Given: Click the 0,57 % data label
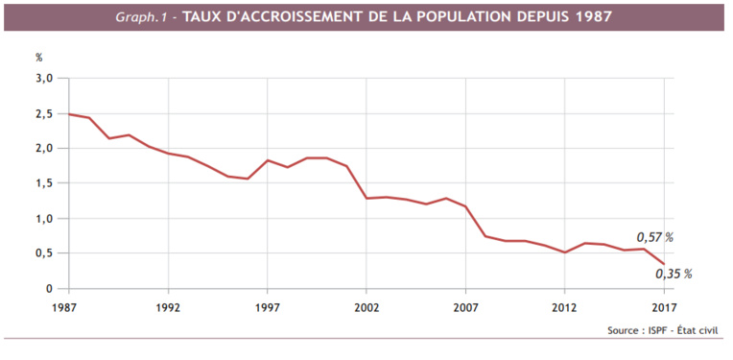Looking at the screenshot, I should (x=655, y=237).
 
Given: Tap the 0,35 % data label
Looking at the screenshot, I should (x=674, y=274).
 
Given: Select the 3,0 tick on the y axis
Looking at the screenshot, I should (x=44, y=78).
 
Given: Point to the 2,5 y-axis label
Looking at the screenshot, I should (x=44, y=113).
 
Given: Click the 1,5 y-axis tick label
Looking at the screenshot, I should (x=44, y=183).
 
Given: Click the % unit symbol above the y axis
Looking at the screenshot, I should (x=40, y=58).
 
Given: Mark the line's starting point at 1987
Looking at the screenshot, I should (x=69, y=114).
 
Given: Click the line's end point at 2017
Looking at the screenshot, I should (x=663, y=264).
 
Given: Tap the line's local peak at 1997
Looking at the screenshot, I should (x=267, y=160).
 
